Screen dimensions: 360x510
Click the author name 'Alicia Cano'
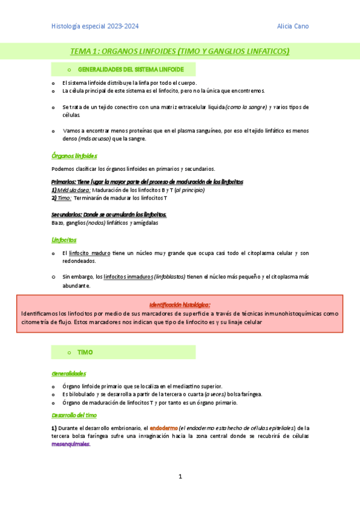(293, 26)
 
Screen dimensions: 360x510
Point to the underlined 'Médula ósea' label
(73, 190)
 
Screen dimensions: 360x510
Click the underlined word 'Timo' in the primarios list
(64, 198)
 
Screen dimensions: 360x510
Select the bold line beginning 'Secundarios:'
(109, 215)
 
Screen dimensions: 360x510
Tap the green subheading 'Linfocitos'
(64, 239)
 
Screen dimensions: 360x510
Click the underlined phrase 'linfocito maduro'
(88, 253)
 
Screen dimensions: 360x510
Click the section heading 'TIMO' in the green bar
(85, 352)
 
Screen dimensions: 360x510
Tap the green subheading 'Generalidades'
(69, 373)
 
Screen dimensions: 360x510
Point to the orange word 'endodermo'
(163, 428)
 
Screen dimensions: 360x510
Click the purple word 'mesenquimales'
(70, 444)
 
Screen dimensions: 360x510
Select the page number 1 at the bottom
(180, 477)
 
